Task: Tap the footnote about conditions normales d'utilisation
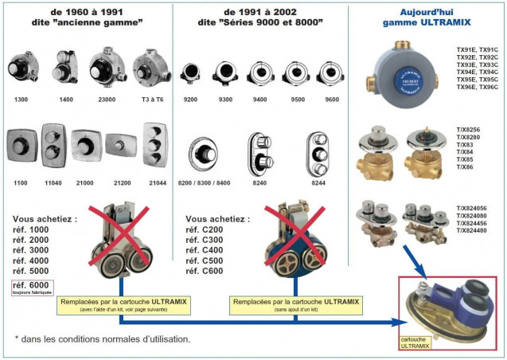[x=103, y=339]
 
